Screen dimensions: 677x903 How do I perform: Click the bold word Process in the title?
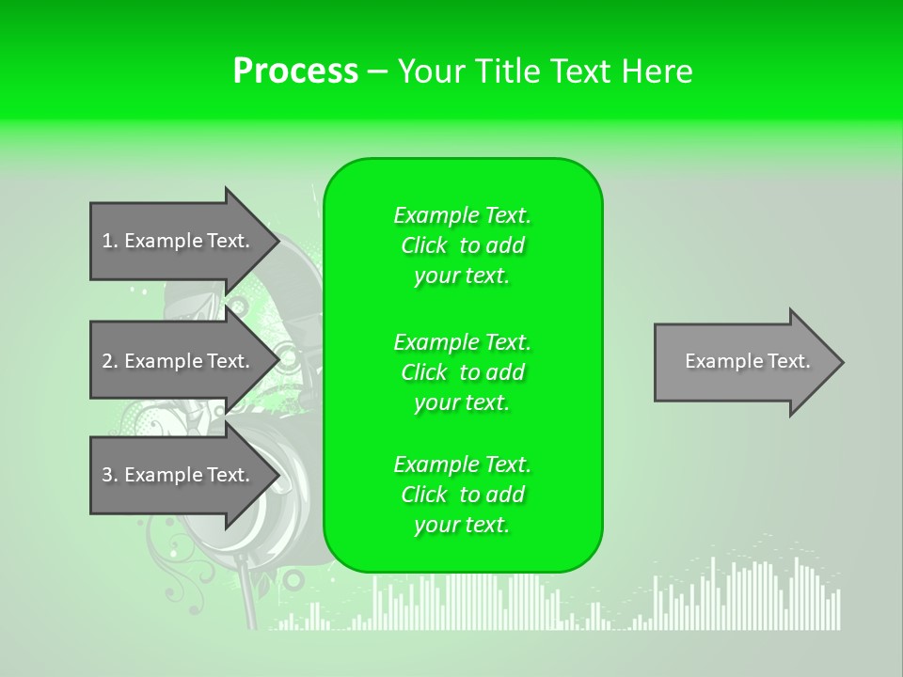click(295, 71)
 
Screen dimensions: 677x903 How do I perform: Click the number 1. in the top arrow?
click(110, 241)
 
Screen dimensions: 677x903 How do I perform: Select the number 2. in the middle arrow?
click(110, 361)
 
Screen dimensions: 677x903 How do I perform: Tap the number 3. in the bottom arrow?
click(110, 475)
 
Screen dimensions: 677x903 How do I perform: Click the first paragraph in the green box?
click(462, 245)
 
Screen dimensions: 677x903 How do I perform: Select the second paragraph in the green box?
click(462, 372)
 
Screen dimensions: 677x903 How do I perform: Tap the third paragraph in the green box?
click(462, 495)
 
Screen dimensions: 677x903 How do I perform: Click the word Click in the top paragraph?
click(424, 245)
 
